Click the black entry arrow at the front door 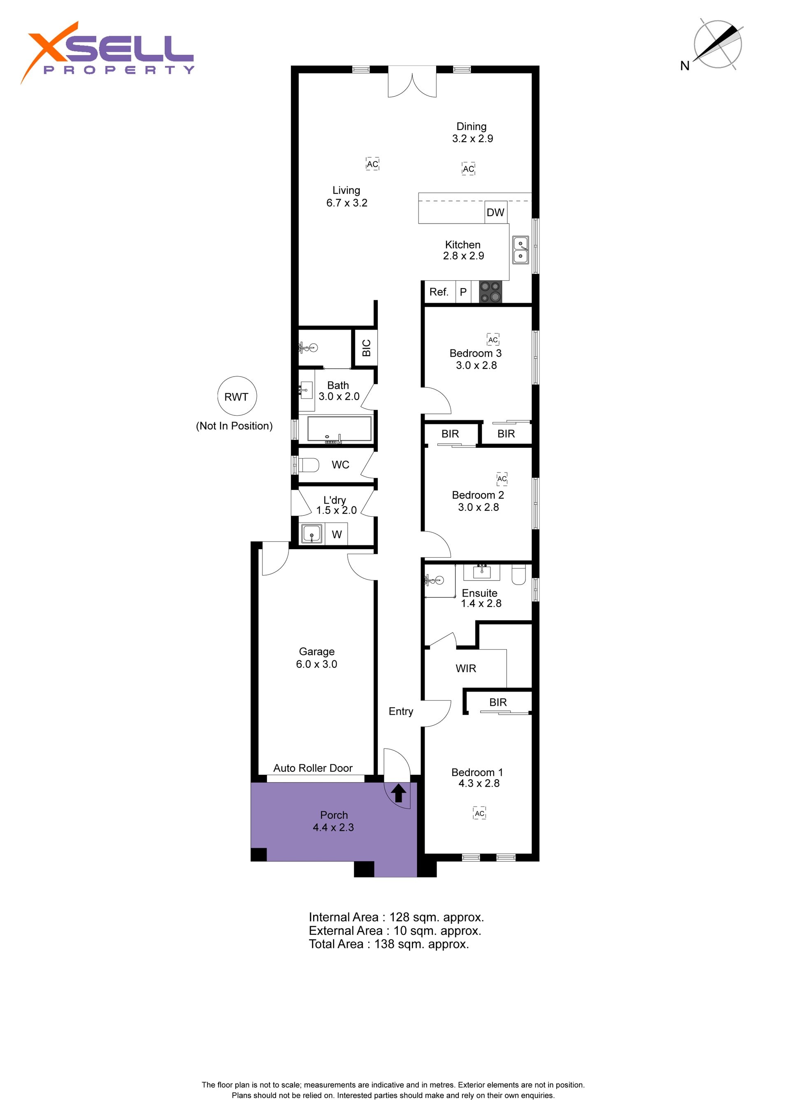click(399, 793)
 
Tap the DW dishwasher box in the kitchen click(495, 212)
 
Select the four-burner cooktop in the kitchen click(490, 292)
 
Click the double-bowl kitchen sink click(520, 250)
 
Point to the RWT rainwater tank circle click(237, 396)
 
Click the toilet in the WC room click(309, 465)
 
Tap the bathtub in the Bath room click(340, 429)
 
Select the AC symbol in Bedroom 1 click(479, 813)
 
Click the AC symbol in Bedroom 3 click(493, 339)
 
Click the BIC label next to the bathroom click(367, 348)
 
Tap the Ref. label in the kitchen click(439, 292)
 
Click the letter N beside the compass click(685, 66)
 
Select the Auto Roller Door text click(313, 768)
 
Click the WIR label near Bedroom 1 click(466, 668)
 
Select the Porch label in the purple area click(334, 815)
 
